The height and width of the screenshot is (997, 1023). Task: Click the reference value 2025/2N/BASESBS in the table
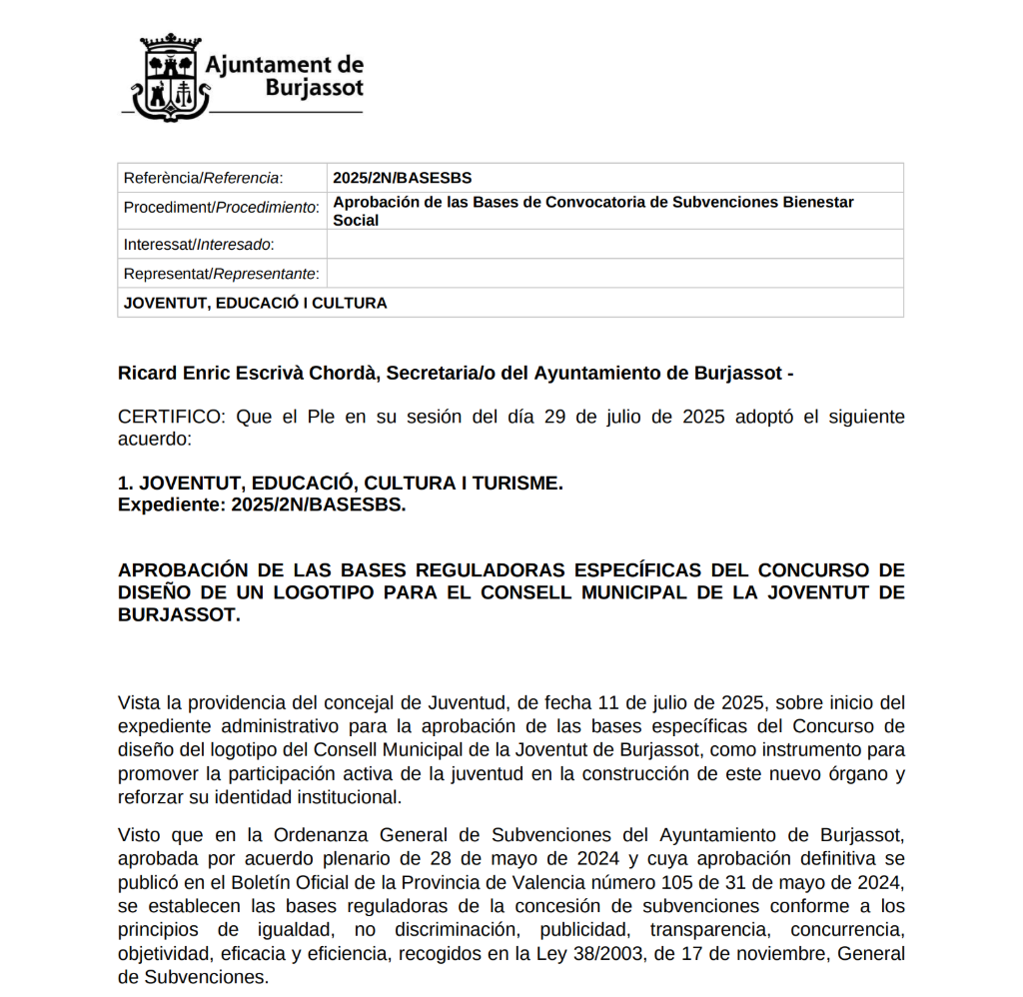tap(402, 178)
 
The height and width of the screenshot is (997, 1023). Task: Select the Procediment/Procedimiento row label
tap(221, 208)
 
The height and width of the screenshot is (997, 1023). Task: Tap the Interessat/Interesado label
tap(198, 245)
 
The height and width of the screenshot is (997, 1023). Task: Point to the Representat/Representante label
tap(221, 274)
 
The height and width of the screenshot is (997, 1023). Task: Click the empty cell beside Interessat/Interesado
tap(615, 245)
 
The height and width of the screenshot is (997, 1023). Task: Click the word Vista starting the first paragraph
tap(140, 702)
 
